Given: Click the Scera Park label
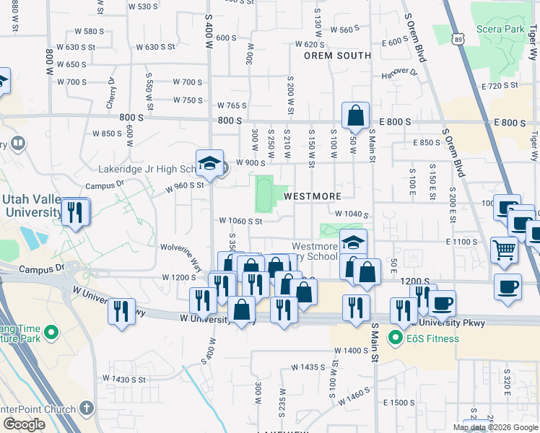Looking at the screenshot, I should pyautogui.click(x=500, y=30).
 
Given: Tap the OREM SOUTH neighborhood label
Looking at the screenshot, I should pyautogui.click(x=337, y=56).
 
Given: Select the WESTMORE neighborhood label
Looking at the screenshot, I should pyautogui.click(x=312, y=196).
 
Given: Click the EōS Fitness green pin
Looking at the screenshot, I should pyautogui.click(x=396, y=336).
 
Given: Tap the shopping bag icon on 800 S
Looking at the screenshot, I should pyautogui.click(x=356, y=114).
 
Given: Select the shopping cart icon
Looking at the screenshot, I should pyautogui.click(x=505, y=250).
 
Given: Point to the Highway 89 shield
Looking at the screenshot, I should pyautogui.click(x=460, y=43).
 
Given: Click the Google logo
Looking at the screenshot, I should pyautogui.click(x=25, y=424).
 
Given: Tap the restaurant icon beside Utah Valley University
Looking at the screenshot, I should pyautogui.click(x=75, y=211).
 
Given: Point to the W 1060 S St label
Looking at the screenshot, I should pyautogui.click(x=240, y=222).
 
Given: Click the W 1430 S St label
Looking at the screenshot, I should pyautogui.click(x=123, y=379).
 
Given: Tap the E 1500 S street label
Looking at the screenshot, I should pyautogui.click(x=401, y=403).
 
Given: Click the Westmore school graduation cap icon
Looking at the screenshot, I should pyautogui.click(x=353, y=242).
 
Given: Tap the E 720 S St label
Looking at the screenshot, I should pyautogui.click(x=502, y=85).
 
